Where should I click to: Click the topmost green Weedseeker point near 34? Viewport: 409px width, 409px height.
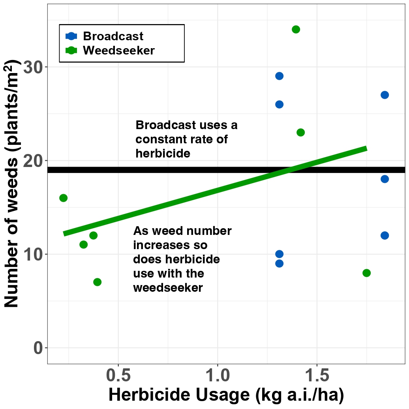coord(296,29)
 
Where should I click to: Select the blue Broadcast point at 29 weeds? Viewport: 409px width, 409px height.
coord(279,76)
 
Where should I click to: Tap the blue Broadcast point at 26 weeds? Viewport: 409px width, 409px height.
coord(279,104)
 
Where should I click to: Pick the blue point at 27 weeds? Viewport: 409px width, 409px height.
coord(385,95)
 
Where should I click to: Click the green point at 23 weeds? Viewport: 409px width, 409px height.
coord(300,132)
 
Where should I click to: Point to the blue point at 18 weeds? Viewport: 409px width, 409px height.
coord(385,179)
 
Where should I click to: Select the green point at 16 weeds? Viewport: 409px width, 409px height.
coord(63,198)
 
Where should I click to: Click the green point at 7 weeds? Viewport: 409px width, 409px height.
coord(97,282)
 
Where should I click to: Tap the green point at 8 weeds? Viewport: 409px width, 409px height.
coord(366,273)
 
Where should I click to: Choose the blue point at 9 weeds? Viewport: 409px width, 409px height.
coord(279,263)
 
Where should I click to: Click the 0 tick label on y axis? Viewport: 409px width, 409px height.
coord(38,348)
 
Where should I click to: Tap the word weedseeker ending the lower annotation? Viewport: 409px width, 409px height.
coord(168,288)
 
